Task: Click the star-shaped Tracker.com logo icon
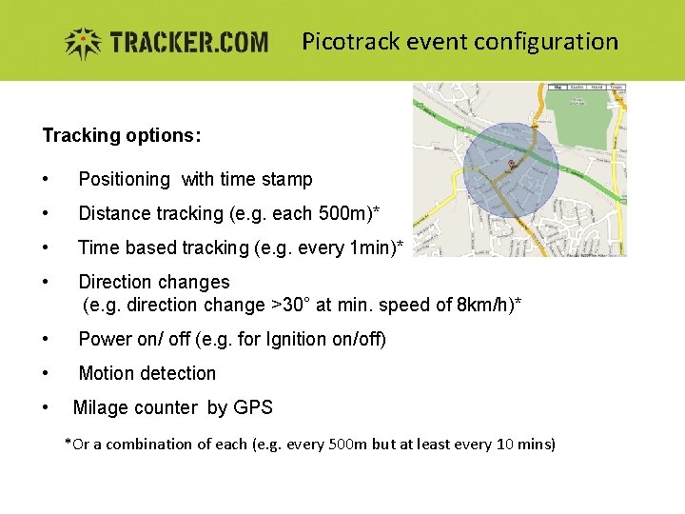83,43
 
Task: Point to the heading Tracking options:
121,135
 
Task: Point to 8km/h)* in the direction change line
488,305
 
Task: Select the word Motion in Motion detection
107,373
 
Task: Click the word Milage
102,407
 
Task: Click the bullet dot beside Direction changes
46,282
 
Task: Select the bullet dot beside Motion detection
46,373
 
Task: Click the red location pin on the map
511,165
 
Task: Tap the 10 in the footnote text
506,444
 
